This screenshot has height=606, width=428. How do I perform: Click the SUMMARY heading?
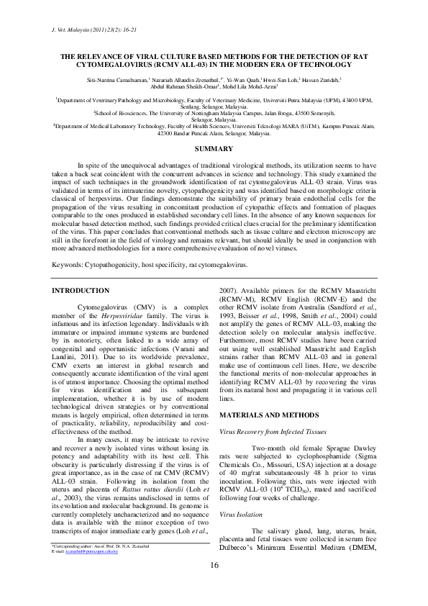point(214,149)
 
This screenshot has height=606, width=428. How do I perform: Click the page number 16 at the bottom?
point(214,584)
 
